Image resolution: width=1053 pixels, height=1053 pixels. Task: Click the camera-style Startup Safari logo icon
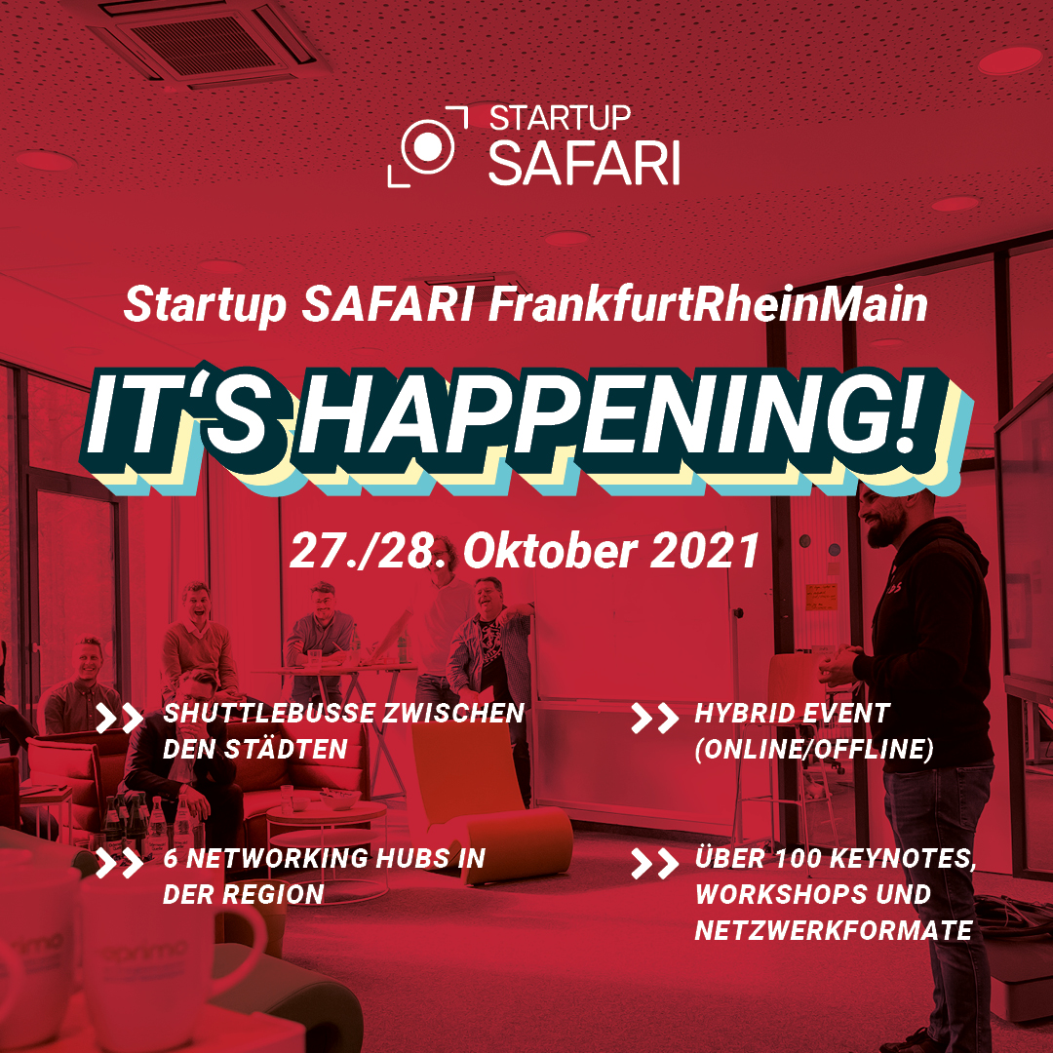point(428,145)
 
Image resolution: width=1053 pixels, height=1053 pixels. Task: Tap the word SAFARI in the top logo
point(584,162)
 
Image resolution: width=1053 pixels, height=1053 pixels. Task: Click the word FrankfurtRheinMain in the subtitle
point(708,305)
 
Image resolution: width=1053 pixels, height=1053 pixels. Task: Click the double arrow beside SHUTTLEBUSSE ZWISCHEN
point(120,718)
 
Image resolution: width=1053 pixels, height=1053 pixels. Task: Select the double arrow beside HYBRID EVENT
point(655,718)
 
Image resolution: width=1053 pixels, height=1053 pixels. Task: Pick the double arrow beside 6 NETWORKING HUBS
point(120,864)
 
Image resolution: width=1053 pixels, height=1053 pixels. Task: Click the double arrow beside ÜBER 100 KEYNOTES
point(655,864)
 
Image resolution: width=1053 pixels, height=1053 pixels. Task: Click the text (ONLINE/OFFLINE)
point(814,750)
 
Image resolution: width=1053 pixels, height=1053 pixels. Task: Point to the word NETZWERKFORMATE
point(834,931)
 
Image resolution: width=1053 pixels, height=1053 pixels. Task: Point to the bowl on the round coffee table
point(339,799)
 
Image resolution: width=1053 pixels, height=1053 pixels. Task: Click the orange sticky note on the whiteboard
point(821,597)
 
